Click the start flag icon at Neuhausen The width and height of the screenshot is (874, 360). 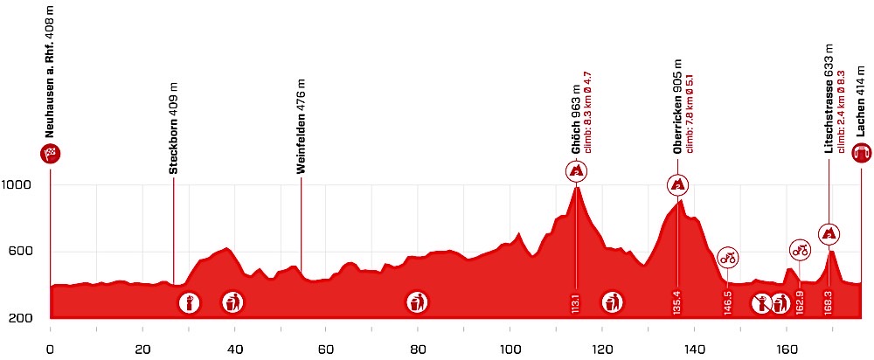point(50,156)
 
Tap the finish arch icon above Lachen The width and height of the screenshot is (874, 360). point(861,155)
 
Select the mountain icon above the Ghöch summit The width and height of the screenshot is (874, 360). point(576,172)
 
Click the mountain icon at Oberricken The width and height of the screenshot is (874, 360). point(677,184)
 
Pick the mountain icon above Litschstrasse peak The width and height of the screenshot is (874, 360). point(829,233)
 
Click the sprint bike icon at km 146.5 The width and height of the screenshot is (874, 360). point(728,257)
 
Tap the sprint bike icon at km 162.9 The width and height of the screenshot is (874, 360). point(799,249)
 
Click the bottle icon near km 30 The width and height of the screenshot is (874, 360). point(189,303)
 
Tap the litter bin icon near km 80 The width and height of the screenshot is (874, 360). point(418,302)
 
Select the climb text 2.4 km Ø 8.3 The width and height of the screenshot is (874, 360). point(841,113)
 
